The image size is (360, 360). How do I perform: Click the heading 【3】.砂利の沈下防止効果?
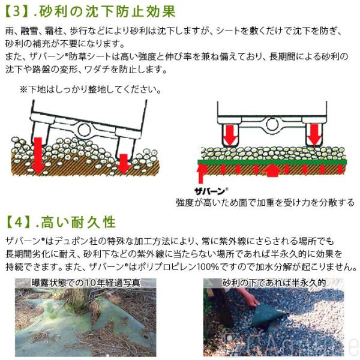(90, 11)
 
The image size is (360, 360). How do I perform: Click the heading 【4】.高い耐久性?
(61, 222)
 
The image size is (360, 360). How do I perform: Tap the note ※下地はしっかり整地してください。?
(91, 89)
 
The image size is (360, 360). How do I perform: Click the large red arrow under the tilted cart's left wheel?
(38, 155)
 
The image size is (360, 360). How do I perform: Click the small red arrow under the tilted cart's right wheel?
(124, 164)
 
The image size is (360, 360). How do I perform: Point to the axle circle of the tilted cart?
(84, 130)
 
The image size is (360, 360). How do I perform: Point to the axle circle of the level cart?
(272, 124)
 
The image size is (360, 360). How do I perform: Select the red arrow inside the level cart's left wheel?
(230, 136)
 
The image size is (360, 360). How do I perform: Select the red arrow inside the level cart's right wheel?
(314, 135)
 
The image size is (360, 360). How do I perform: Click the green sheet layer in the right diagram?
(272, 162)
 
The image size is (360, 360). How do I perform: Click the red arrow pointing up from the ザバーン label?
(202, 173)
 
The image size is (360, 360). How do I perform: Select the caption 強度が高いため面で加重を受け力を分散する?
(265, 203)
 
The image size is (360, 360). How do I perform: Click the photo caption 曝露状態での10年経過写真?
(86, 283)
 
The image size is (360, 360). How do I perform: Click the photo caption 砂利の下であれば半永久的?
(274, 283)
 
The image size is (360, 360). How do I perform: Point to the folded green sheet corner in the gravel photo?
(267, 314)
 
